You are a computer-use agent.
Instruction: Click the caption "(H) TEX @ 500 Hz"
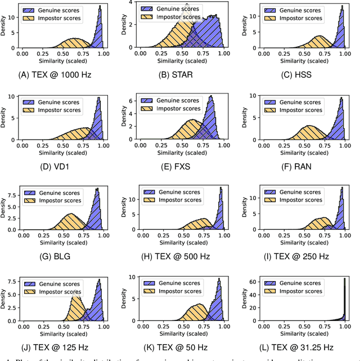[182, 259]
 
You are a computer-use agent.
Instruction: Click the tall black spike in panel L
[344, 298]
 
